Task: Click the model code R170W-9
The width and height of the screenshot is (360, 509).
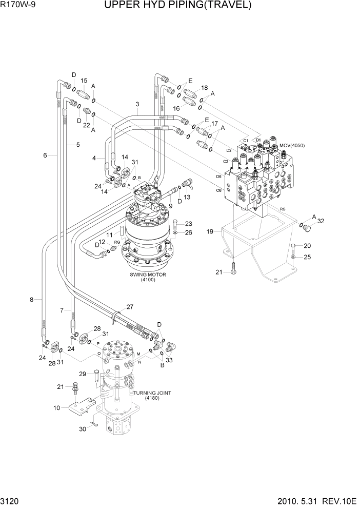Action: [x=19, y=6]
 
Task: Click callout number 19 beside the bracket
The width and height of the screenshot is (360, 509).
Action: [x=210, y=231]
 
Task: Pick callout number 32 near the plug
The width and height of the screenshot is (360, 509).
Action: [x=321, y=221]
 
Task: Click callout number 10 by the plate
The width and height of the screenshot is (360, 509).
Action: [x=56, y=408]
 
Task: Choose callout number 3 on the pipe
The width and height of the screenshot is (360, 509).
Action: [x=137, y=105]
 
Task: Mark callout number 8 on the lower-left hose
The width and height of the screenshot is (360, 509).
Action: [x=31, y=299]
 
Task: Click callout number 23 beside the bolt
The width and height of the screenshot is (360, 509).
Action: [x=189, y=223]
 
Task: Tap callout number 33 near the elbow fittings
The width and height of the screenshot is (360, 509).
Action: [x=169, y=361]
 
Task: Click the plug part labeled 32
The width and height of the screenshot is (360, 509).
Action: [x=308, y=227]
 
